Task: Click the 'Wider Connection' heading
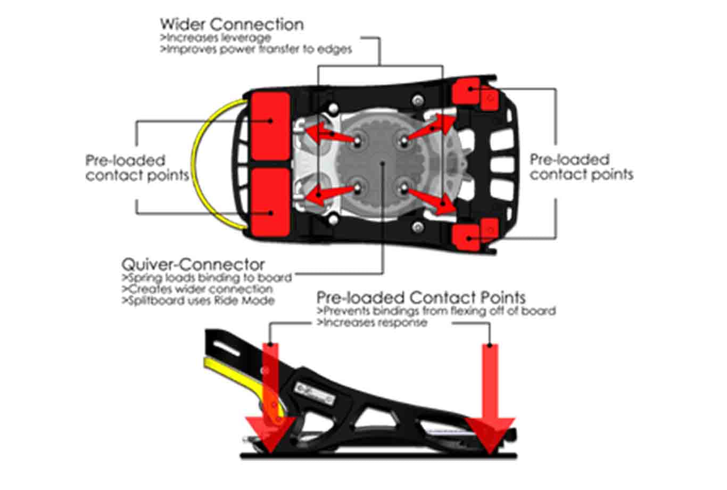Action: pyautogui.click(x=232, y=24)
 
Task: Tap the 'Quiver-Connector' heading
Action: pyautogui.click(x=193, y=264)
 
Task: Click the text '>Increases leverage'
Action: pyautogui.click(x=216, y=38)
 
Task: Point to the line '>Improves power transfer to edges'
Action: pyautogui.click(x=256, y=50)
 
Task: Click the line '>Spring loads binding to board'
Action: pyautogui.click(x=207, y=277)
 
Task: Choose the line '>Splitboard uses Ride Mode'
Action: pyautogui.click(x=198, y=300)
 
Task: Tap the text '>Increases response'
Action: pyautogui.click(x=372, y=322)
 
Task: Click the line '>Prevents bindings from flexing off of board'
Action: pyautogui.click(x=436, y=311)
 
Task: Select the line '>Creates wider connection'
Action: pyautogui.click(x=197, y=289)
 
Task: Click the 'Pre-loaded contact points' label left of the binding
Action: pyautogui.click(x=137, y=168)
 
